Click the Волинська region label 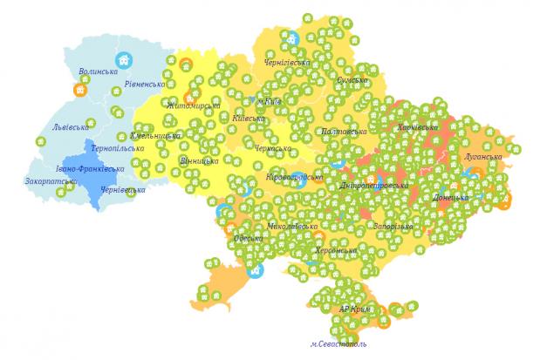pyautogui.click(x=98, y=71)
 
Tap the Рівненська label pyautogui.click(x=145, y=84)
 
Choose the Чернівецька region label pyautogui.click(x=122, y=189)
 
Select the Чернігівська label pyautogui.click(x=287, y=63)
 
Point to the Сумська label pyautogui.click(x=352, y=80)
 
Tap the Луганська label pyautogui.click(x=484, y=158)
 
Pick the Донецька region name pyautogui.click(x=450, y=198)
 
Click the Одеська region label pyautogui.click(x=248, y=238)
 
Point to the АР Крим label pyautogui.click(x=356, y=309)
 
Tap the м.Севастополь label pyautogui.click(x=338, y=343)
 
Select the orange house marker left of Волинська pyautogui.click(x=79, y=88)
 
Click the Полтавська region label pyautogui.click(x=345, y=131)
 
